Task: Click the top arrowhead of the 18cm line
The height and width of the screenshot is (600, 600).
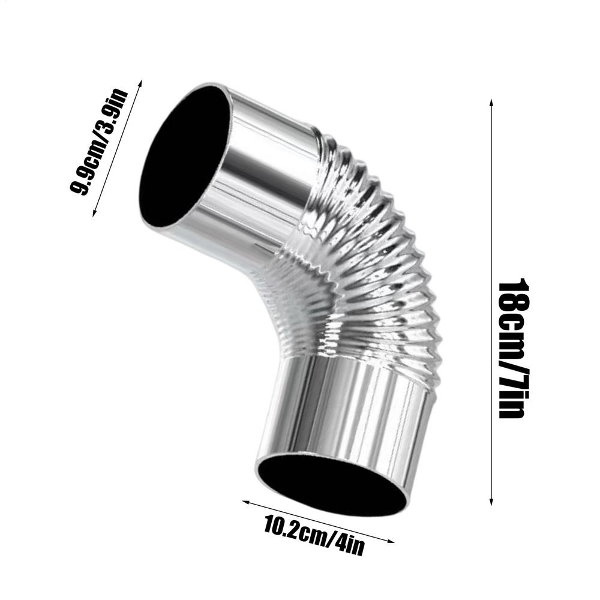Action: [491, 101]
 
